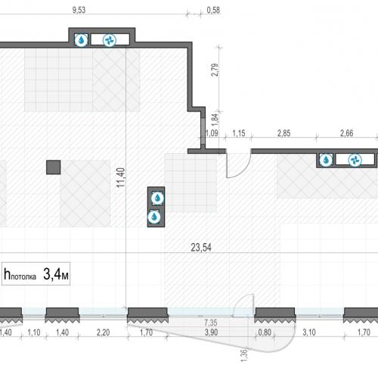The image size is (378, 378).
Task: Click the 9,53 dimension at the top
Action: coord(79,10)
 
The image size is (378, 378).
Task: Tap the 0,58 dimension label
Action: coord(213,10)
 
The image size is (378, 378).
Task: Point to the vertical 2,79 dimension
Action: coord(215,70)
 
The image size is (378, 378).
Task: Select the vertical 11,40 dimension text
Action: coord(121,177)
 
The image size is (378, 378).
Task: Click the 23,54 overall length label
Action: coord(201,248)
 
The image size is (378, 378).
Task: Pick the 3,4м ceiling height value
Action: coord(56,274)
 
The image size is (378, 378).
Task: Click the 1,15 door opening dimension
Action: coord(238,133)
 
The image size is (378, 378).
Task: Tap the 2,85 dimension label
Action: coord(283,133)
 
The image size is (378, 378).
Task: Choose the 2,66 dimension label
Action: coord(346,133)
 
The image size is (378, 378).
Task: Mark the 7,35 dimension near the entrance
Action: coord(211,323)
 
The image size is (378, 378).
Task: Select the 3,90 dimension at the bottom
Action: coord(211,333)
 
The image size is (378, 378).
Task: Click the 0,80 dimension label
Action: coord(265,333)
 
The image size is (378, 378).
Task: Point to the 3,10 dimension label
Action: coord(309,333)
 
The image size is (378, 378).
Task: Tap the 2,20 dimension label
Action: coord(103,333)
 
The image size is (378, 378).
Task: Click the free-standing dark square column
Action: coord(54,167)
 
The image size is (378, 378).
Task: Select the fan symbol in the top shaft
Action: coord(110,40)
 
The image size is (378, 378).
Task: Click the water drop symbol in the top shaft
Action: coord(82,40)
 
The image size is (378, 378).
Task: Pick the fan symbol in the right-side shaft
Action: coord(355,160)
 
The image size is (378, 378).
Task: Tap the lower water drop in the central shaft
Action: coord(154,217)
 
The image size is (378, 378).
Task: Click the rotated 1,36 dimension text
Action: coord(244,355)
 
